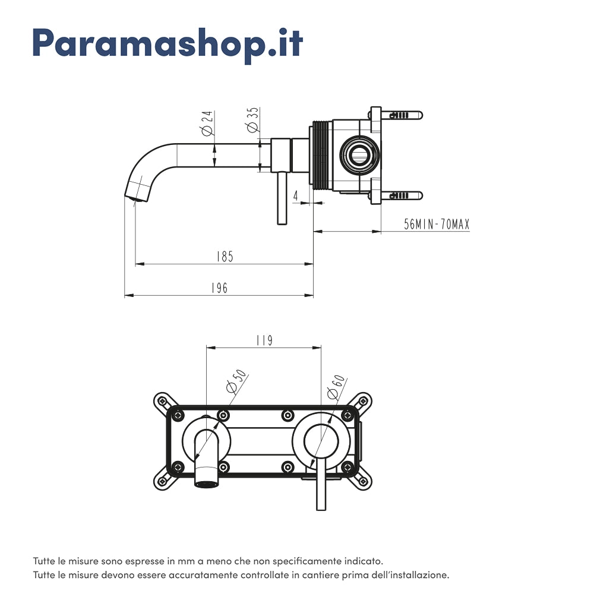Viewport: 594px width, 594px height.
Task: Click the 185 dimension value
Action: [x=225, y=257]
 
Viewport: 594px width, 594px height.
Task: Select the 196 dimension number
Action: [x=219, y=288]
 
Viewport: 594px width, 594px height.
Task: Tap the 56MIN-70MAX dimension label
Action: [x=437, y=225]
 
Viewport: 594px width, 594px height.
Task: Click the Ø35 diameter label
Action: [x=252, y=121]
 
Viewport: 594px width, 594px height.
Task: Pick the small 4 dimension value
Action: [x=296, y=195]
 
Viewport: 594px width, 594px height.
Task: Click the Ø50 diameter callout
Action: [x=236, y=381]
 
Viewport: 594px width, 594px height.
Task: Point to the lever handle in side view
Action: [x=282, y=199]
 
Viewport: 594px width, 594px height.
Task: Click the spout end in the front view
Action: [x=206, y=482]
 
